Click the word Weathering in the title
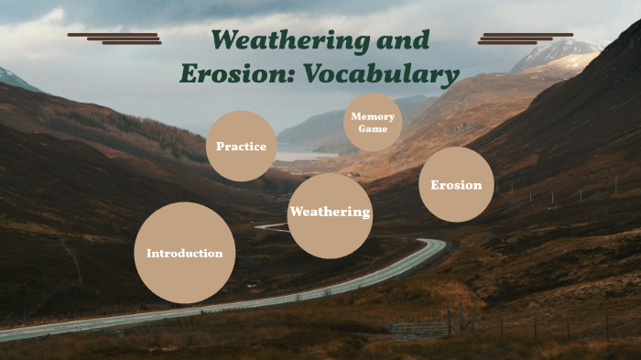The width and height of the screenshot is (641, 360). pos(284,41)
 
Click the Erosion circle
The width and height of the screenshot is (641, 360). pos(456,185)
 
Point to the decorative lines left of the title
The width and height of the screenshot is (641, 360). pos(114,38)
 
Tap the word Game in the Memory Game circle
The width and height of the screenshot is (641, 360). pos(373,129)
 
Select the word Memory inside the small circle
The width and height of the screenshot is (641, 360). pos(373,117)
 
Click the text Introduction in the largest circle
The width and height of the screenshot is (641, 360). pos(184,254)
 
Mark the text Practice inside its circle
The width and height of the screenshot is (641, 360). pos(241,147)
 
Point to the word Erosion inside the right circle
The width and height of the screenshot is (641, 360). pos(456,185)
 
